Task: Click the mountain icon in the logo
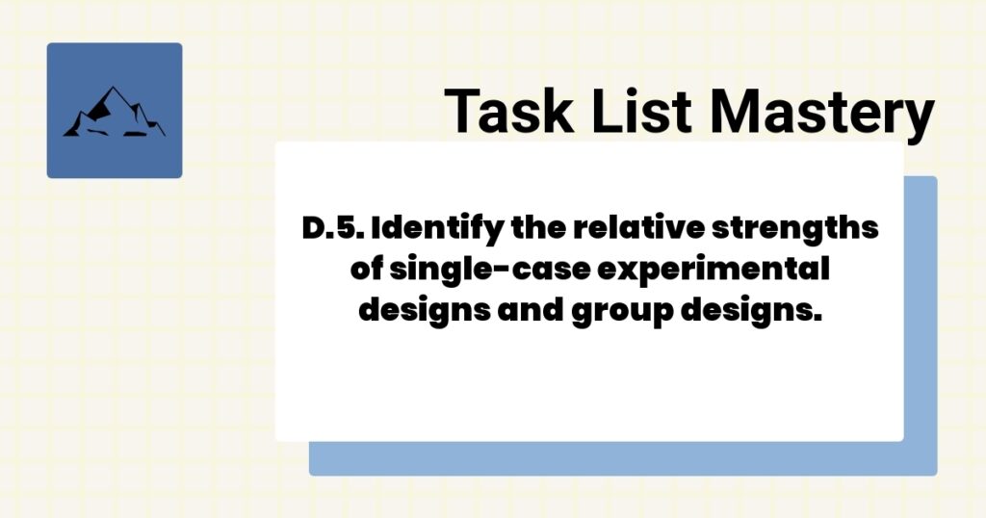pos(114,113)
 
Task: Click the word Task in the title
pos(506,111)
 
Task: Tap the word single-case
pos(489,272)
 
